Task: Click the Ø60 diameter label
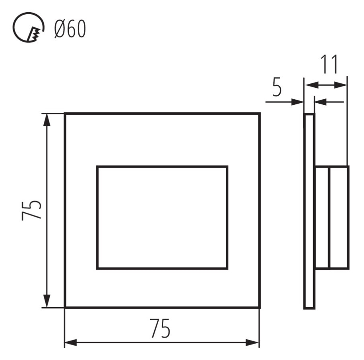(70, 29)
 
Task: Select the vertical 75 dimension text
(31, 210)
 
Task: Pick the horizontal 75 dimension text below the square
(160, 328)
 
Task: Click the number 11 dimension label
(329, 64)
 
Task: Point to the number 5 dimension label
(277, 87)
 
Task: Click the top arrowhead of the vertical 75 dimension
(47, 120)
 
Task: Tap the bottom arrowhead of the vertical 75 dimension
(47, 301)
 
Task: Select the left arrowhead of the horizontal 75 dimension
(71, 343)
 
